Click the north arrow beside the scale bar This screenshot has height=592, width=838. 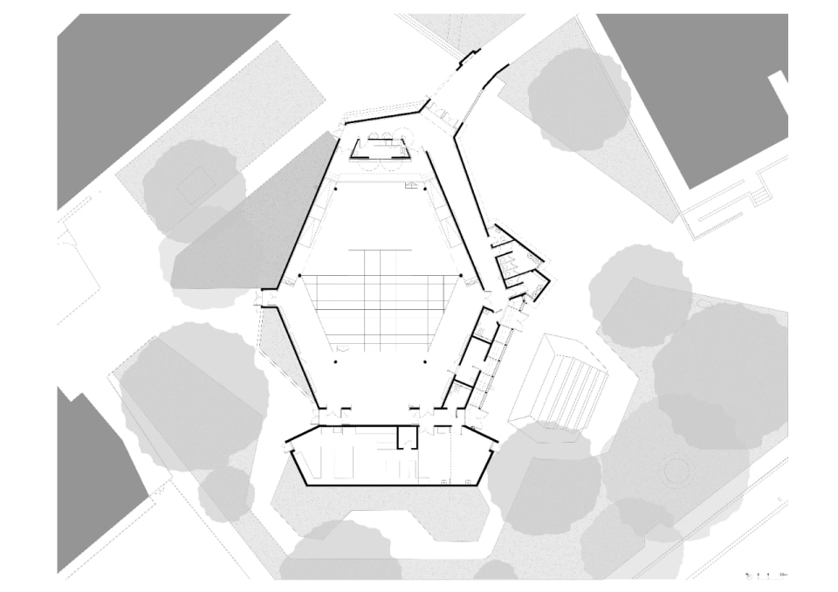[x=749, y=575]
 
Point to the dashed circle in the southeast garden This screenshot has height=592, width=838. [x=677, y=472]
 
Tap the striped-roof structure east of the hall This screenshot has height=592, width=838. [x=559, y=380]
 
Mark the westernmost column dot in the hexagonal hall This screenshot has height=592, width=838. [x=299, y=276]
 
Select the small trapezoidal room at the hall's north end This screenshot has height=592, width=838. [x=381, y=149]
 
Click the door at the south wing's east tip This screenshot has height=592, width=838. [x=497, y=442]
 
